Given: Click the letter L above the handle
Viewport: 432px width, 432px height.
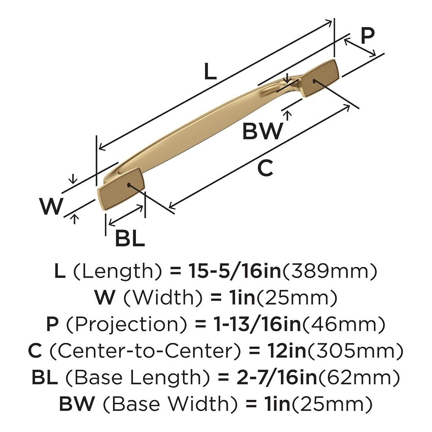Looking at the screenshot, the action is tap(210, 71).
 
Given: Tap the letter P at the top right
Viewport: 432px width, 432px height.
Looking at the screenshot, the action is tap(367, 35).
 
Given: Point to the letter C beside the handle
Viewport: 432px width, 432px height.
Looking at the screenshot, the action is tap(265, 168).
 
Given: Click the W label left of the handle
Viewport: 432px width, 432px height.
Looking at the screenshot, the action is tap(51, 206).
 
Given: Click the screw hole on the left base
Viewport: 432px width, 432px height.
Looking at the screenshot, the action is tap(129, 185).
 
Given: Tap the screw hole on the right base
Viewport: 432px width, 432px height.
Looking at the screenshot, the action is tap(314, 81).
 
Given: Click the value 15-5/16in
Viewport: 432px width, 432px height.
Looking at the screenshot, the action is tap(234, 271).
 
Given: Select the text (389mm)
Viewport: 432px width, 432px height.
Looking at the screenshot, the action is tap(329, 271).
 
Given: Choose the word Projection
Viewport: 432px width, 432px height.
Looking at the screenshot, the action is tap(127, 324).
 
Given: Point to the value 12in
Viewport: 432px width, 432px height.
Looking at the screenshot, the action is tap(286, 351).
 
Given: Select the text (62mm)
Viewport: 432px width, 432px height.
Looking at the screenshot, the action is tap(359, 378).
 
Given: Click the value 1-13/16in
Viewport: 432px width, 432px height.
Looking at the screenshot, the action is tap(257, 324).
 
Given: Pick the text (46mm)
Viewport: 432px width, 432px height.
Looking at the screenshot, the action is tap(343, 325).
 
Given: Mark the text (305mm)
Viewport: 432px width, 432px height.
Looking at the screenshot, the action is tap(355, 351).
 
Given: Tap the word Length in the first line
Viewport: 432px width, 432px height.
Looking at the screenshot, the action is tap(118, 271).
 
